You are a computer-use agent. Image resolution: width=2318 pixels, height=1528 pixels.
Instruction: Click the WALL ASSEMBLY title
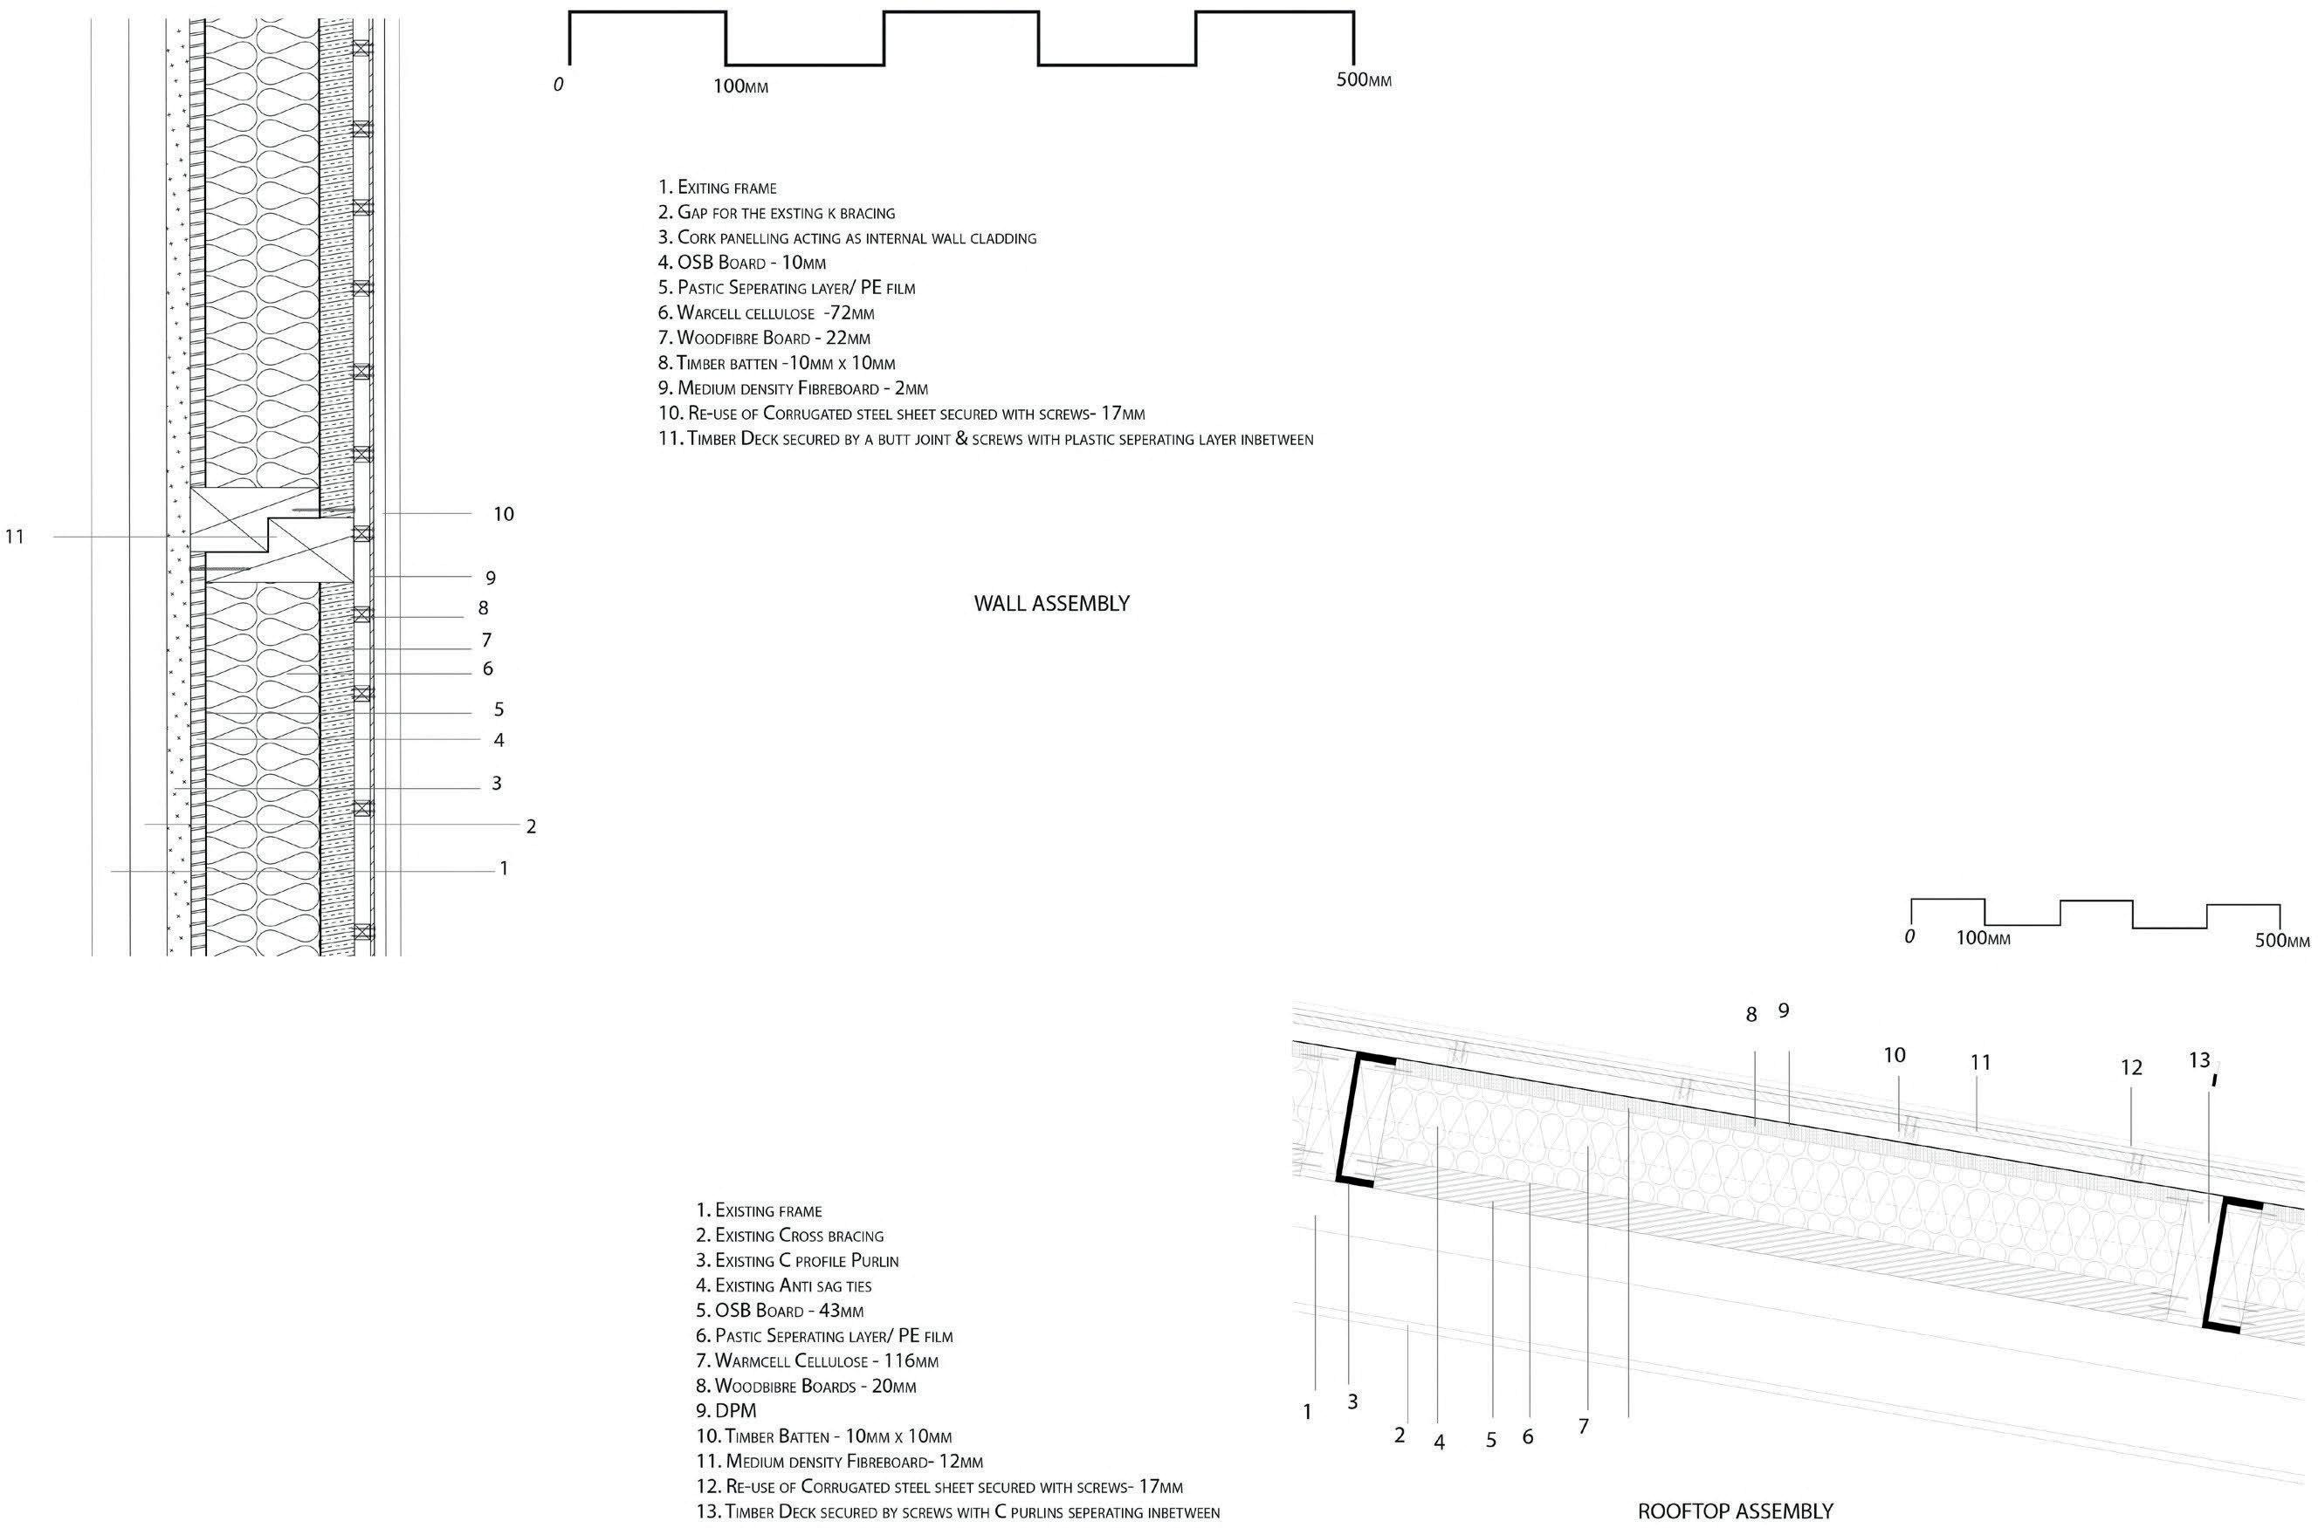pos(1051,603)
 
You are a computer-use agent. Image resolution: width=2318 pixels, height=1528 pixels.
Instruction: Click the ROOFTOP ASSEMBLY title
pos(1734,1511)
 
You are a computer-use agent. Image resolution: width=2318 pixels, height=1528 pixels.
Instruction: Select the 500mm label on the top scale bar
pos(1363,80)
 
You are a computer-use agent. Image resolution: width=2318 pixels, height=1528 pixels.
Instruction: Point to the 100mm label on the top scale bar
pos(739,86)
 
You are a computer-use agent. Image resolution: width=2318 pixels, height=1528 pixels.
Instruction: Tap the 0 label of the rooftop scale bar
pos(1909,936)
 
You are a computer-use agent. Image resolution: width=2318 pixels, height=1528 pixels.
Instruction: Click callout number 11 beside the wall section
pos(15,536)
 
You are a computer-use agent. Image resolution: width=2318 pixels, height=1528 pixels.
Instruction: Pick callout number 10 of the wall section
pos(503,514)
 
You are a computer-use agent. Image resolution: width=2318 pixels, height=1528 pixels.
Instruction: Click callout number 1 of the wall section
pos(504,867)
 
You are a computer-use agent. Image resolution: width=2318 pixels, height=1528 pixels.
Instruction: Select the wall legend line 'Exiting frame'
pos(718,187)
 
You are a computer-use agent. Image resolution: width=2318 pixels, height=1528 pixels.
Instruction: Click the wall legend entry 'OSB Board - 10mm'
pos(742,262)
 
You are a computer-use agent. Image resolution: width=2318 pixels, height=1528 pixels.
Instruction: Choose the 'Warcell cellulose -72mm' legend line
pos(767,312)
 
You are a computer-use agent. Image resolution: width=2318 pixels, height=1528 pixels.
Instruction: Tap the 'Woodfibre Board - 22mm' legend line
pos(764,338)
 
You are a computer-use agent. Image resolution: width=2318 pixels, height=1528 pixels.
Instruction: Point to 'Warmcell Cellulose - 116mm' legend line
pos(826,1361)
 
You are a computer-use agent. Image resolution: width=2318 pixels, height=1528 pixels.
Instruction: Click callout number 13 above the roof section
pos(2199,1060)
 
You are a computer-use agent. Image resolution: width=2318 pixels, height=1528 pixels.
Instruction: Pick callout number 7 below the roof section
pos(1583,1426)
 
